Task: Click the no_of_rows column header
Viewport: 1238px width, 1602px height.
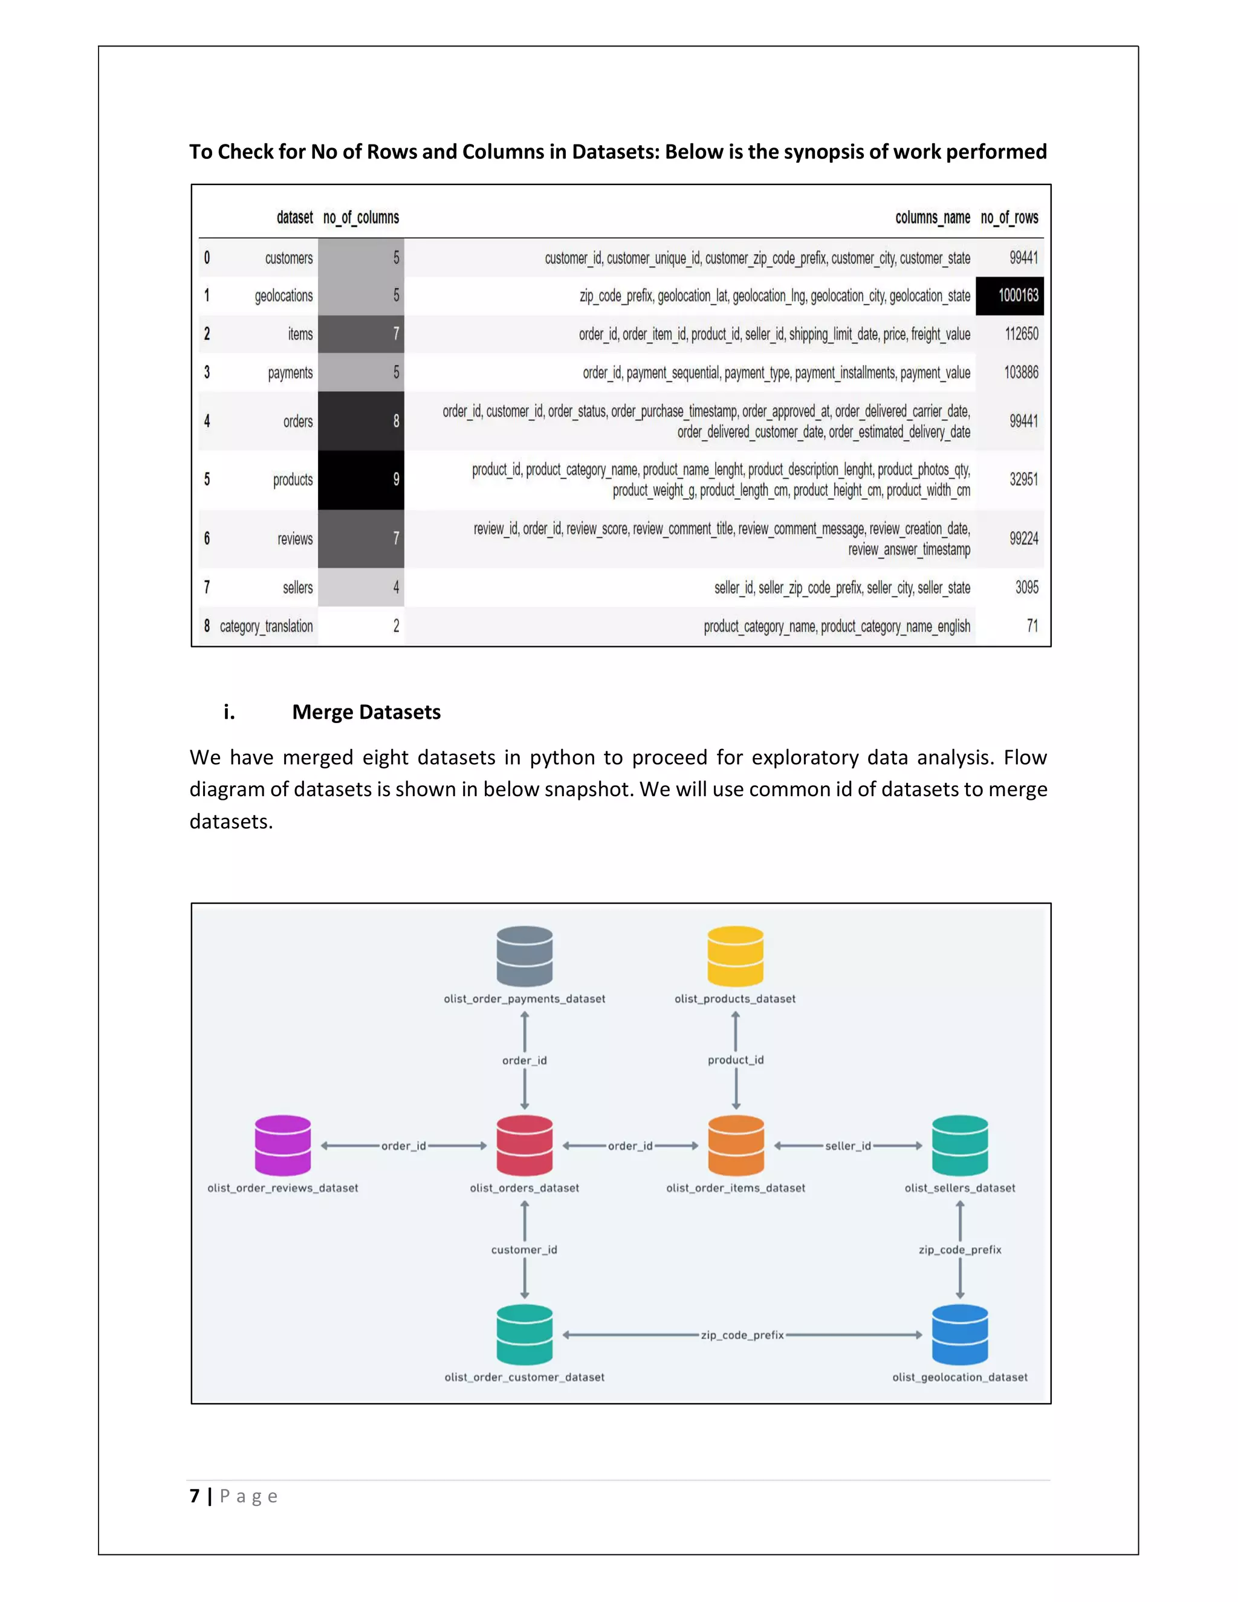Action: click(1009, 218)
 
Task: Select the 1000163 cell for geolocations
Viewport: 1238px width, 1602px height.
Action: click(1018, 296)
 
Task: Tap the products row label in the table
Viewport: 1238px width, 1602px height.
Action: click(293, 480)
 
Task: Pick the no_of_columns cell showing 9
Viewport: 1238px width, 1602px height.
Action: click(361, 480)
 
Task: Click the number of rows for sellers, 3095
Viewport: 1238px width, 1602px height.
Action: click(1026, 588)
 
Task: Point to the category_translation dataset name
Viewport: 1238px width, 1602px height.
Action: click(266, 626)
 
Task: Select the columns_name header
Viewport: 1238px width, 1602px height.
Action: click(932, 218)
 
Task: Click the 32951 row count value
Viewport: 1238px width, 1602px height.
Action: click(1023, 480)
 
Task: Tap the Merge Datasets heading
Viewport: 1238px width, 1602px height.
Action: click(366, 712)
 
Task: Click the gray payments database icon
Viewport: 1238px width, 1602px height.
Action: click(524, 956)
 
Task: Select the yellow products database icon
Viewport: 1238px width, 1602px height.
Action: click(735, 956)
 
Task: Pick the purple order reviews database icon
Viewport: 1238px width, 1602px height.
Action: click(283, 1145)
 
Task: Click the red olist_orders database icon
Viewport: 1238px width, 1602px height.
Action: click(524, 1145)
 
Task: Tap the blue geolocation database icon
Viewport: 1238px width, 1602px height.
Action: click(959, 1334)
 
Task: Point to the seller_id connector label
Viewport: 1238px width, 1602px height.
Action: click(848, 1146)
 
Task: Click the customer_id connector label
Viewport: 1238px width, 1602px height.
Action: click(524, 1250)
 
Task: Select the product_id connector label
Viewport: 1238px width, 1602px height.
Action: click(736, 1060)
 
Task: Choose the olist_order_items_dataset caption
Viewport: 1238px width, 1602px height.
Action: click(736, 1189)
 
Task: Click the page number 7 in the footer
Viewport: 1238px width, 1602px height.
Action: click(195, 1496)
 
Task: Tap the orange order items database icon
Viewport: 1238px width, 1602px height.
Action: click(736, 1145)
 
